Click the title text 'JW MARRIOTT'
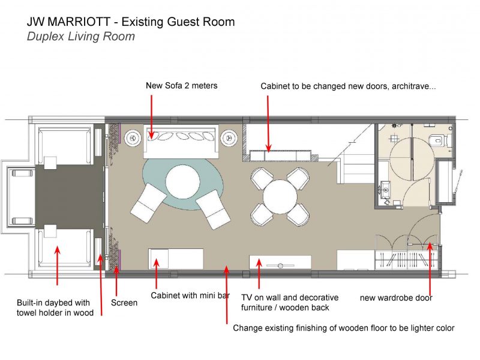68,22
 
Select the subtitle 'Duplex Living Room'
81,37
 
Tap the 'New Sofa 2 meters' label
182,85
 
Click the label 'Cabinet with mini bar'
190,295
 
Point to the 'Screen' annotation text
124,303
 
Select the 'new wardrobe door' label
396,298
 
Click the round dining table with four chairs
280,197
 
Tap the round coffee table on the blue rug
183,182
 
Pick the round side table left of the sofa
133,139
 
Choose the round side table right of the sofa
229,139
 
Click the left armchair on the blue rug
149,203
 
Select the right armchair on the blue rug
213,209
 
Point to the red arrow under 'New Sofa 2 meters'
152,116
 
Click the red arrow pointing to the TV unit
259,274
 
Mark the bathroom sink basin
385,187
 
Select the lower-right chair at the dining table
298,215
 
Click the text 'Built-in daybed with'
53,303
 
